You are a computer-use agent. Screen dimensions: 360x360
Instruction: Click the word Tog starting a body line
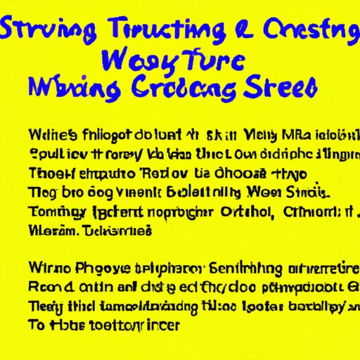click(41, 193)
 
